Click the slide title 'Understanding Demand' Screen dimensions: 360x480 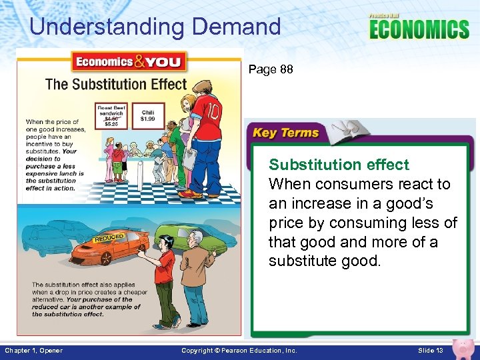pyautogui.click(x=155, y=27)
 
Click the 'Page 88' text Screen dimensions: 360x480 pyautogui.click(x=270, y=69)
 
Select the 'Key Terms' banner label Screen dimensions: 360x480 pyautogui.click(x=286, y=133)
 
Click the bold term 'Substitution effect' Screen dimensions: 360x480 pyautogui.click(x=339, y=165)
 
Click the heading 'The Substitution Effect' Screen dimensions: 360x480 pyautogui.click(x=116, y=84)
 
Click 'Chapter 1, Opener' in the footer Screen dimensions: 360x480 pyautogui.click(x=33, y=351)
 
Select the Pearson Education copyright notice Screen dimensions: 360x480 pyautogui.click(x=239, y=351)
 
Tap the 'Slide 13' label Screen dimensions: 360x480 pyautogui.click(x=430, y=351)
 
